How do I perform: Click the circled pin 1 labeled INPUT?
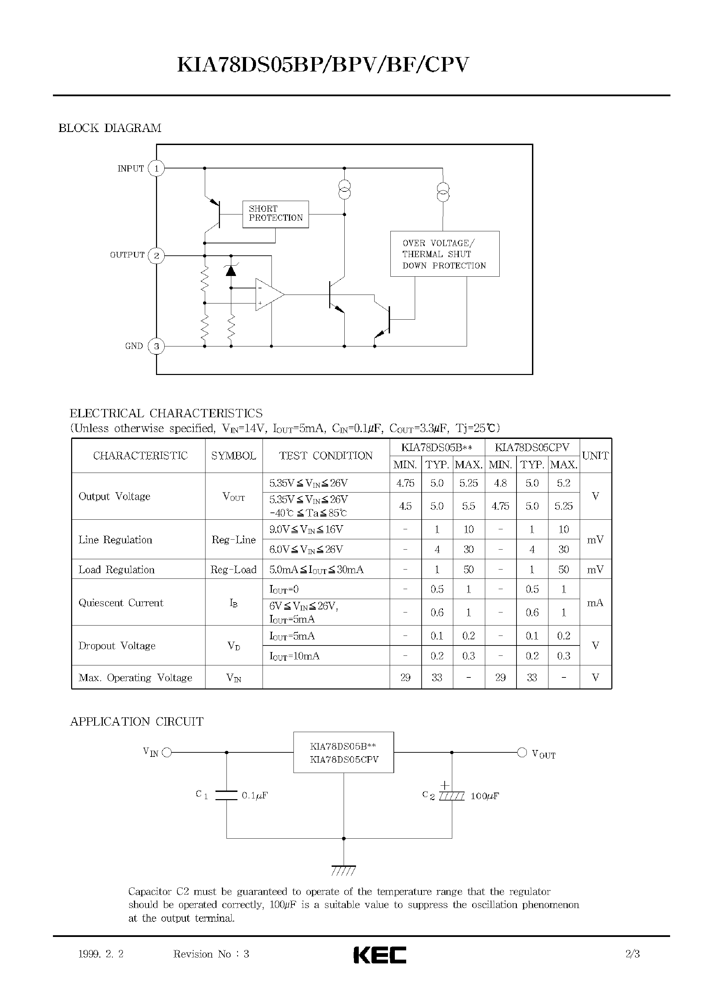coord(156,168)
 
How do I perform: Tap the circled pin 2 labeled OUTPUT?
coord(156,255)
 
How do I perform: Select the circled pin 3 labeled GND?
coord(156,346)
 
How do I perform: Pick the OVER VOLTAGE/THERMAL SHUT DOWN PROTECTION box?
coord(444,254)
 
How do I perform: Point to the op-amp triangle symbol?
coord(268,294)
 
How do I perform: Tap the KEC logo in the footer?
coord(380,954)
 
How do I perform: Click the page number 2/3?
coord(633,954)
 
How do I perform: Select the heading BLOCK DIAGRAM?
coord(110,128)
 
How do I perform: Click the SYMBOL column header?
coord(233,456)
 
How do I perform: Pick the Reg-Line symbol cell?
coord(233,540)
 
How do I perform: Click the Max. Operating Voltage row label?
coord(135,677)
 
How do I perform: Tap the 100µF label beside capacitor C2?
coord(485,796)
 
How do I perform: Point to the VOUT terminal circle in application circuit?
coord(522,752)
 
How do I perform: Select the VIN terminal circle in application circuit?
coord(167,753)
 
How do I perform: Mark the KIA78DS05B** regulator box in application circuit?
coord(343,752)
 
